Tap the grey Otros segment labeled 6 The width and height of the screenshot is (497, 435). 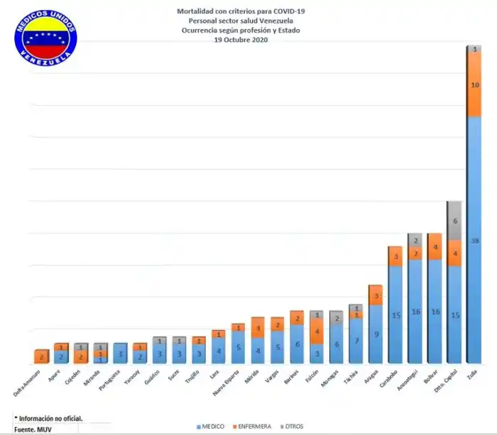[x=454, y=221]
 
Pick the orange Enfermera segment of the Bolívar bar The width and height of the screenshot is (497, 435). [x=435, y=246]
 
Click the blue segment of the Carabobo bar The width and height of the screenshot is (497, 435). [x=395, y=314]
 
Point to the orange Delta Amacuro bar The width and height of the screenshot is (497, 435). [x=41, y=356]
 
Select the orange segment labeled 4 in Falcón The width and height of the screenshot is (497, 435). [x=317, y=331]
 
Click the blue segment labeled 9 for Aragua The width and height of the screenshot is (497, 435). [x=376, y=334]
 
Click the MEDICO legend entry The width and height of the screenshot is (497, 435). [x=210, y=426]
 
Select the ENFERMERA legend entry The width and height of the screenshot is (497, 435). [x=253, y=426]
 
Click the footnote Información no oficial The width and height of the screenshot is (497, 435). [x=48, y=418]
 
